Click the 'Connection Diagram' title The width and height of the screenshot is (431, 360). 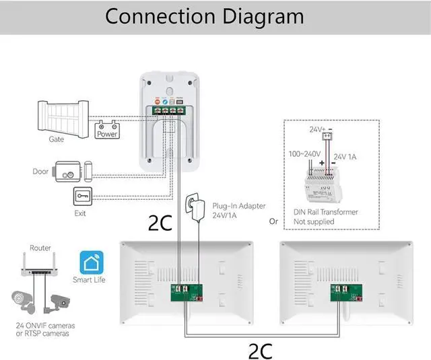pos(204,16)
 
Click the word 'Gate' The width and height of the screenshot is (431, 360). pos(56,139)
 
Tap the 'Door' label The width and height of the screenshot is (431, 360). pos(40,172)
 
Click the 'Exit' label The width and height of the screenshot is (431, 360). pos(80,213)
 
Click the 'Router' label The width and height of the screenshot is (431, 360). pos(40,248)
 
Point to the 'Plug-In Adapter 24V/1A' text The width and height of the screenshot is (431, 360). pos(239,211)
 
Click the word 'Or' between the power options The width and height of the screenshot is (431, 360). pos(273,221)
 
